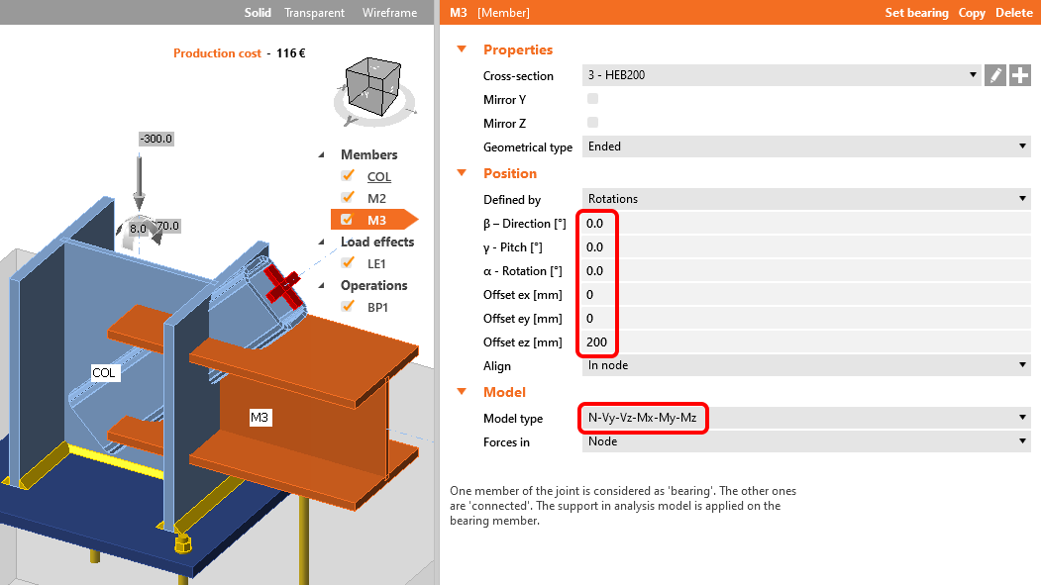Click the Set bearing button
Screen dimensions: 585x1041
click(x=916, y=13)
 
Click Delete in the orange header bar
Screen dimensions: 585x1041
click(x=1013, y=13)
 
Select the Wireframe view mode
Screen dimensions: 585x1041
click(x=388, y=13)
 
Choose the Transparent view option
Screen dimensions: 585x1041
click(x=314, y=13)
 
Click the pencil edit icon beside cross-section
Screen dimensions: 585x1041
click(x=995, y=75)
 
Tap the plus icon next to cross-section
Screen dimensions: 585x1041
click(x=1020, y=75)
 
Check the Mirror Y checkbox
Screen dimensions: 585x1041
click(x=593, y=99)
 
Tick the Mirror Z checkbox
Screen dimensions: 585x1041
click(x=593, y=123)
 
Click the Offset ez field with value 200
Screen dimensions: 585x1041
click(x=802, y=342)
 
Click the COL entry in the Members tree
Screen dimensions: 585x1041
click(x=379, y=177)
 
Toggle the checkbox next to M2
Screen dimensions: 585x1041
click(x=348, y=199)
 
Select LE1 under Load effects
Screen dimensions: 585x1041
click(x=377, y=263)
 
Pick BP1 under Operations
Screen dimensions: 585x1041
click(x=379, y=307)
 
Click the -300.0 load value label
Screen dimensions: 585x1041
click(x=156, y=139)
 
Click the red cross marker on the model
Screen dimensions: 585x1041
click(x=283, y=288)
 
